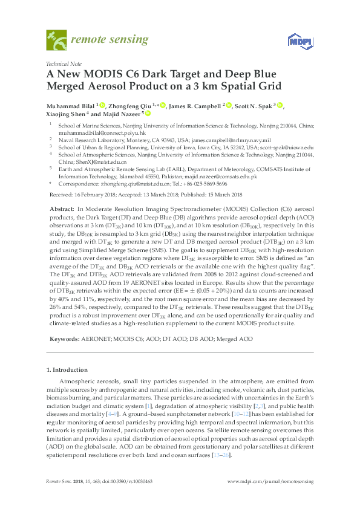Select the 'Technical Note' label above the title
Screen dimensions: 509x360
click(63, 63)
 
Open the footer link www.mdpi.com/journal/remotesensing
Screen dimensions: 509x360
click(270, 481)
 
